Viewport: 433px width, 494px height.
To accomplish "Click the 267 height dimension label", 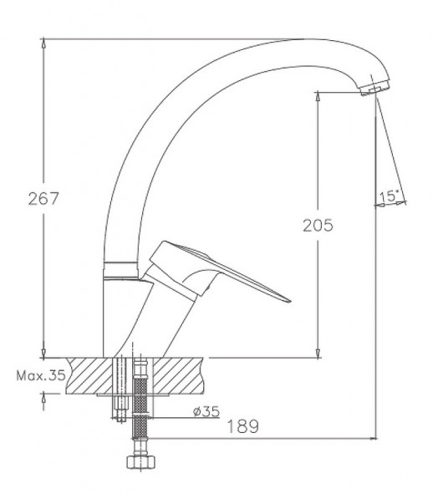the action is point(43,198).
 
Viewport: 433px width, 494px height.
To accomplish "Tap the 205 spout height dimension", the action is point(318,225).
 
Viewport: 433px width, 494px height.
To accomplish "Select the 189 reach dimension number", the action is point(242,426).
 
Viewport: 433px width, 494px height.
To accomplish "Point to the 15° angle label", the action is point(388,196).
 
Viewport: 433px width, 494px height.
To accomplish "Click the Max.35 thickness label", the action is point(41,375).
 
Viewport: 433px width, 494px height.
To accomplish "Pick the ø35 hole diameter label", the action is point(206,411).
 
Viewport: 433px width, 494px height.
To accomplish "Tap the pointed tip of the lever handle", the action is point(290,301).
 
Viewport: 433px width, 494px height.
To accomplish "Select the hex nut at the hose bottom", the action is point(140,462).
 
